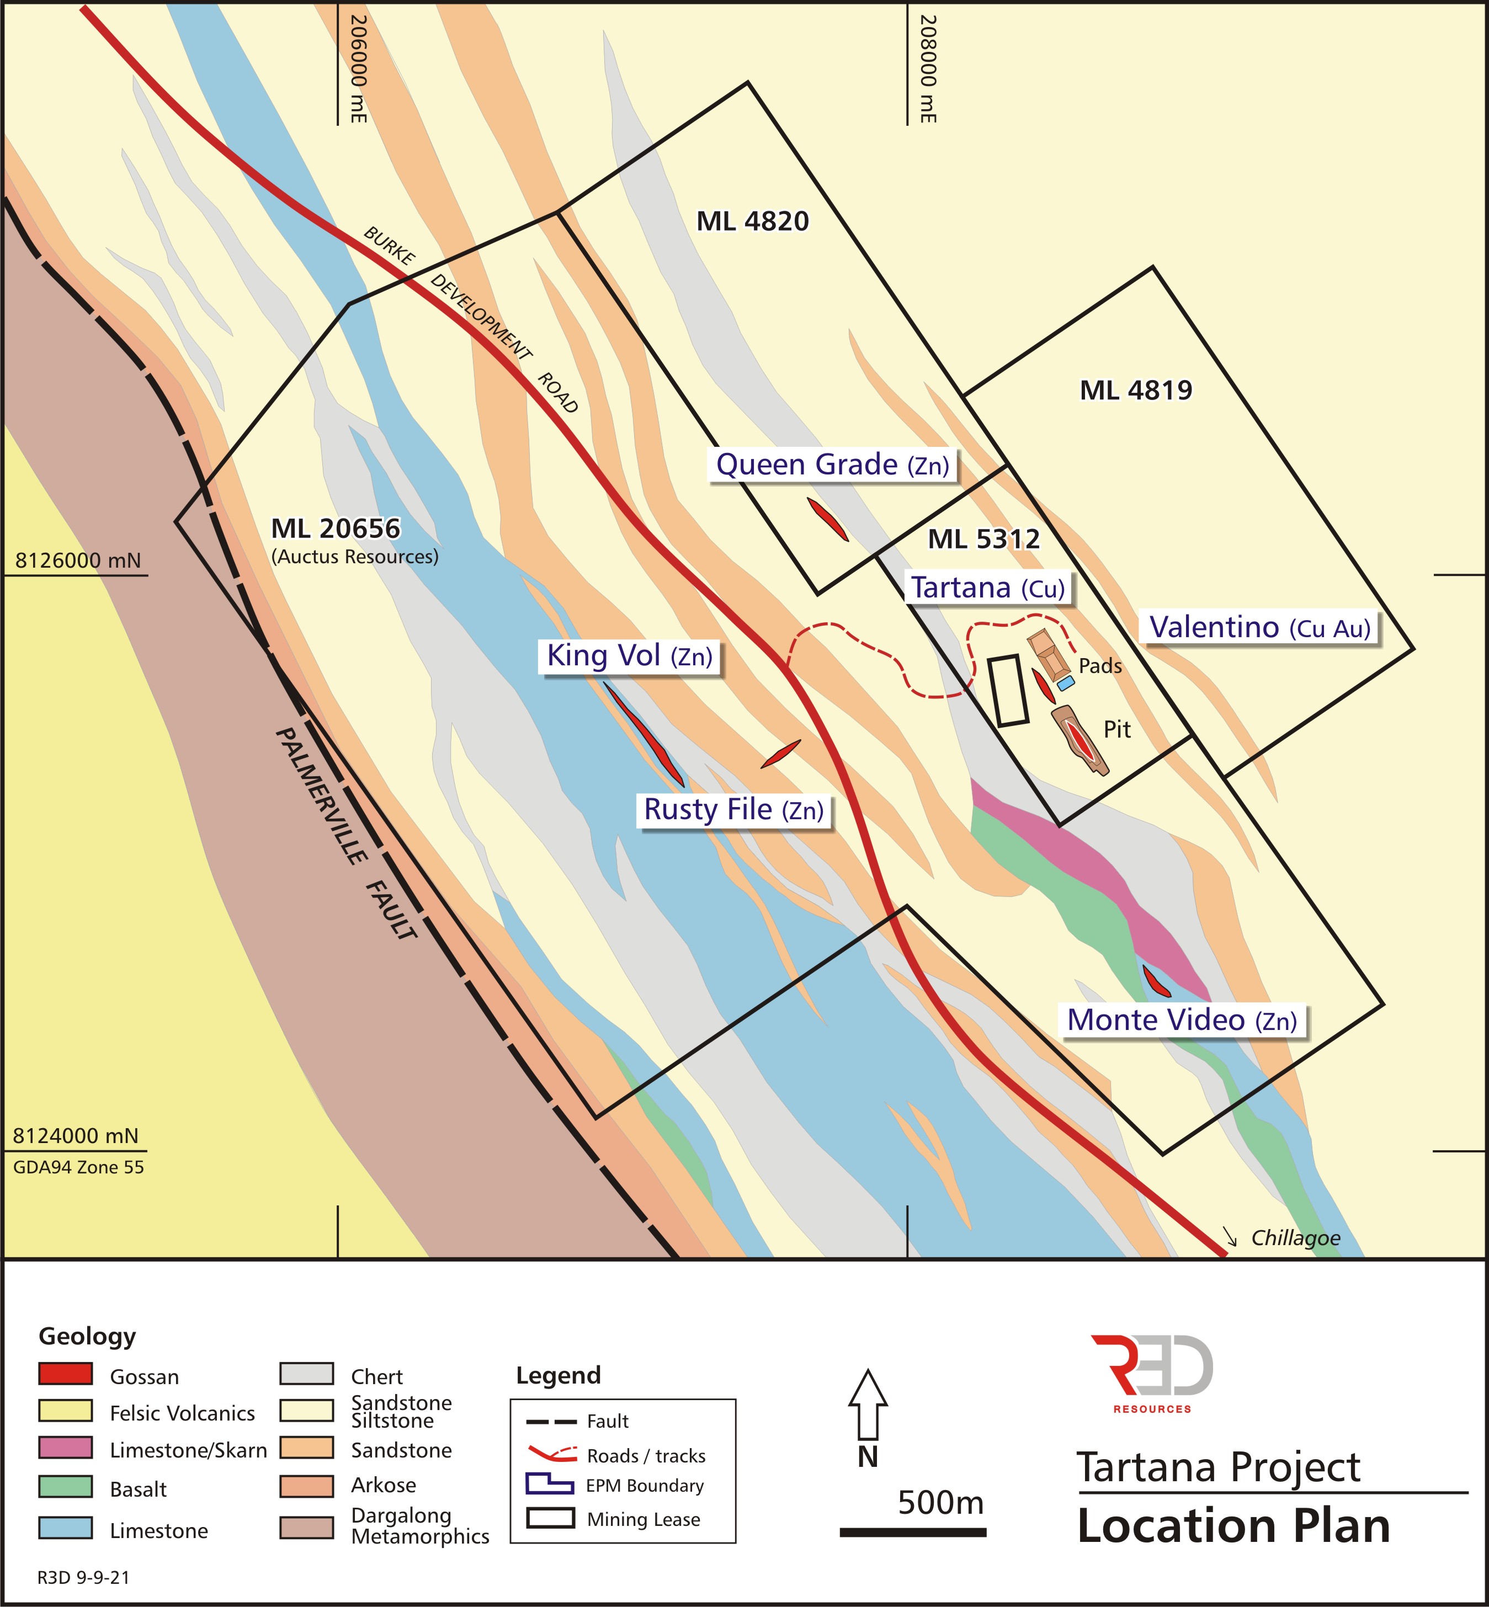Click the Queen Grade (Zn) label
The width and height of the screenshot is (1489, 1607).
(x=832, y=465)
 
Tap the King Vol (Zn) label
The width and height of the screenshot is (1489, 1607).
(x=629, y=656)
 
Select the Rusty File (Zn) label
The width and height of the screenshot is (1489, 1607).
(x=733, y=809)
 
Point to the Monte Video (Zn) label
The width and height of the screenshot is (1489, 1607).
(x=1181, y=1021)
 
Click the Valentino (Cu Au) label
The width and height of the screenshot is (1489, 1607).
(x=1259, y=627)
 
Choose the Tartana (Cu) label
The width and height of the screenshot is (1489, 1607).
(x=988, y=588)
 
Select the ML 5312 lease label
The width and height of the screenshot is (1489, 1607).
(x=984, y=539)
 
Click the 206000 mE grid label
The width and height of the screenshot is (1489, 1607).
(x=359, y=70)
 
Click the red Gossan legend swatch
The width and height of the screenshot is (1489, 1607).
(x=65, y=1374)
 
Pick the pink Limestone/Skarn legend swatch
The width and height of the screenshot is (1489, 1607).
(x=65, y=1448)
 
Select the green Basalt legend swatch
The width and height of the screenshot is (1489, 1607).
(x=65, y=1486)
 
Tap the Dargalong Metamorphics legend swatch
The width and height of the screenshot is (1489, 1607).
(x=306, y=1527)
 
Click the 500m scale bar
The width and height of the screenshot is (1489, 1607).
(x=912, y=1532)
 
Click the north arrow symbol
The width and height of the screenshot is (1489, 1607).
(x=868, y=1405)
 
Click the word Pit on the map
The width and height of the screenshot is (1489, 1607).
(x=1117, y=730)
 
